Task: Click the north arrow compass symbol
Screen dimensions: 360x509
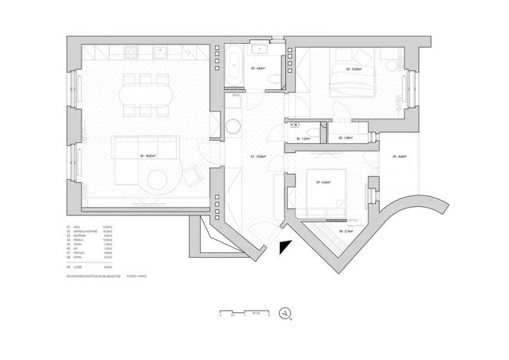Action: click(285, 313)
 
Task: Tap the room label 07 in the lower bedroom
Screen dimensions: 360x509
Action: click(323, 182)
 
